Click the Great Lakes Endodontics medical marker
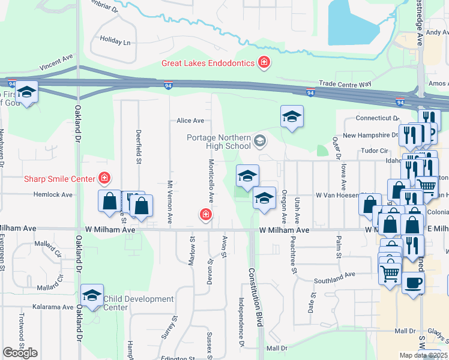pos(263,62)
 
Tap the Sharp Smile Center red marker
pos(104,178)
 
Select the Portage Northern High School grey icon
pos(260,142)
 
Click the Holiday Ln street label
pos(115,43)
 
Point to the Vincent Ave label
pos(57,62)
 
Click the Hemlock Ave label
pos(53,195)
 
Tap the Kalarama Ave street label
pos(53,307)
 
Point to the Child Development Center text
pos(139,303)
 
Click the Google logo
pos(20,353)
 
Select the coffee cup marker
pos(412,283)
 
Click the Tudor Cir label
pos(373,151)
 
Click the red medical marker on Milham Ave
pos(205,214)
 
